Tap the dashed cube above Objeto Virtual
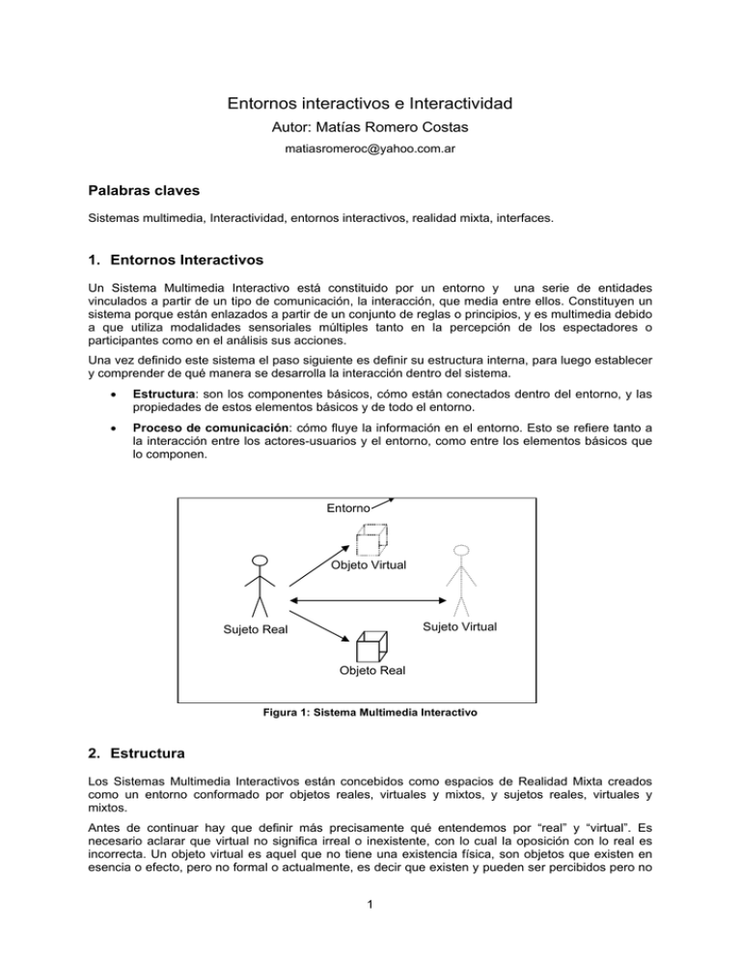(x=372, y=539)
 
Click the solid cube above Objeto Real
(x=370, y=645)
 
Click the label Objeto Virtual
(x=368, y=564)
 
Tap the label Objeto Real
(x=372, y=671)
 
